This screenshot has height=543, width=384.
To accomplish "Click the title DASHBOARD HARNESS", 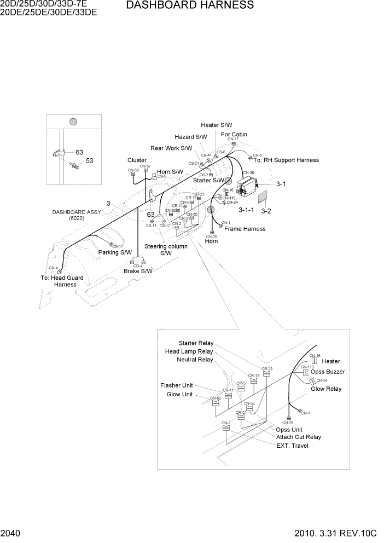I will (x=190, y=5).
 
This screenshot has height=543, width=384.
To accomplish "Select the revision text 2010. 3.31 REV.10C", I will (x=335, y=533).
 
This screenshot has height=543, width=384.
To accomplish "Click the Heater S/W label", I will (x=216, y=125).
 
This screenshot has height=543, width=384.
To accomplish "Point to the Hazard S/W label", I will (x=190, y=137).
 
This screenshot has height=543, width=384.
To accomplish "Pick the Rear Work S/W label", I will (x=171, y=148).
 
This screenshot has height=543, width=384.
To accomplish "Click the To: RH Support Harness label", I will (x=286, y=160).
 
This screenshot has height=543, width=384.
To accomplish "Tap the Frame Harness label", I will (x=245, y=229).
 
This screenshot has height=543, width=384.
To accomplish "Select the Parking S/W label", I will (x=115, y=253).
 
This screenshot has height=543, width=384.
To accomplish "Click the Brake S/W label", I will (x=138, y=271).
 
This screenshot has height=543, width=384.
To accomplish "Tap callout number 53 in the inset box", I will (x=90, y=161).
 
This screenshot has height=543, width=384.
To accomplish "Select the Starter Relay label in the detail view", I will (x=196, y=343).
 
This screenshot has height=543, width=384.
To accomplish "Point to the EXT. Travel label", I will (x=292, y=446).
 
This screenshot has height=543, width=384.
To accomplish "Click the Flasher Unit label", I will (x=177, y=385).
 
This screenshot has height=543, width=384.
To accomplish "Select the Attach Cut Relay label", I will (x=299, y=437).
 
